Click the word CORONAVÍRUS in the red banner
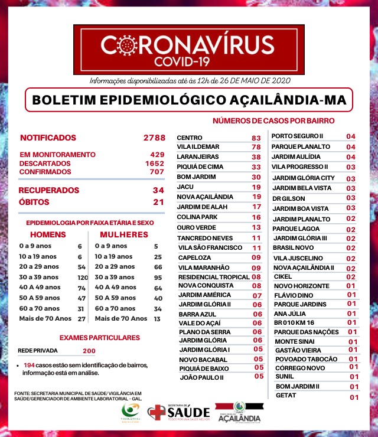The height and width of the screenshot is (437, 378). pos(187,44)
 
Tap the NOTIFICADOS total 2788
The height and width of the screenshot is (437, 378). pos(154,138)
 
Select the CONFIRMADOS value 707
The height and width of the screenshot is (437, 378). pos(157,171)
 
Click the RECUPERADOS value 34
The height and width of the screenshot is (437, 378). pos(158,190)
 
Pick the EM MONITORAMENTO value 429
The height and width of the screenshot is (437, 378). pos(157,154)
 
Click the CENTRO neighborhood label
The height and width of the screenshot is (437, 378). pos(190,138)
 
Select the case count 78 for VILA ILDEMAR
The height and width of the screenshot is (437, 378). pos(256,147)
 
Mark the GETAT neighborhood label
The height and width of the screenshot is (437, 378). pos(286,396)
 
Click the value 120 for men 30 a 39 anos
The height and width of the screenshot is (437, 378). pos(82,277)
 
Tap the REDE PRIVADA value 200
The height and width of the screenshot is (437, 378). pos(89,351)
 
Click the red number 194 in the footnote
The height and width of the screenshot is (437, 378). pos(29,366)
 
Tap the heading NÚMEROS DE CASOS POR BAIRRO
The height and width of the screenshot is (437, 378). pos(273,120)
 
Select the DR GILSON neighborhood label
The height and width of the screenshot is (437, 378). pos(289,198)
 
